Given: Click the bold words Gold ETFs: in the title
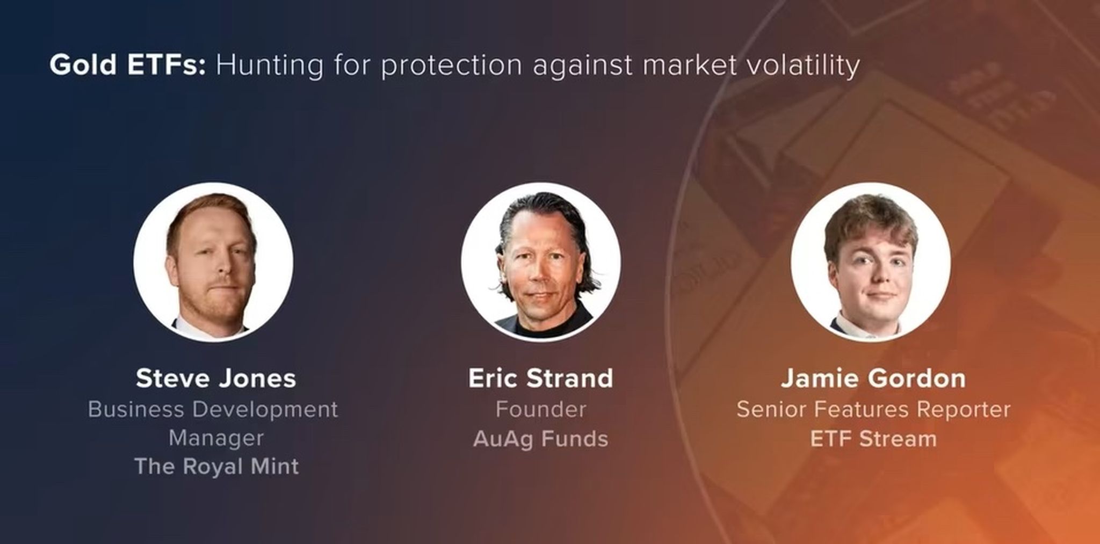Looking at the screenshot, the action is pos(128,65).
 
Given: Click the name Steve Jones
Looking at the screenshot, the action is pos(216,378).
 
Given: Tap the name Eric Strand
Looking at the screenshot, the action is pos(540,378).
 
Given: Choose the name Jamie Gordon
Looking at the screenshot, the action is pos(873,378).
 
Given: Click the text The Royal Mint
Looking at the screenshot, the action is pos(216,466).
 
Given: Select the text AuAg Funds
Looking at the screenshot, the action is pos(540,439).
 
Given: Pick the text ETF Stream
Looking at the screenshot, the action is pos(873,439).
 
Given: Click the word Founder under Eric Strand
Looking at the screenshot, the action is pos(540,409).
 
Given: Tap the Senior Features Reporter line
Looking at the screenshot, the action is pos(873,409).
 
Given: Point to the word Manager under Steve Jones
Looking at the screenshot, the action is pos(216,438).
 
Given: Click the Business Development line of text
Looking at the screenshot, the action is pos(213,409).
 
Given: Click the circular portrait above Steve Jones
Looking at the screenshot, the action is pos(213,262).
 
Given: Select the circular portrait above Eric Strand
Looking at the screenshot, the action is pos(541,262).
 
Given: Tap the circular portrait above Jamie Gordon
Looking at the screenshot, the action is pos(871,262).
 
